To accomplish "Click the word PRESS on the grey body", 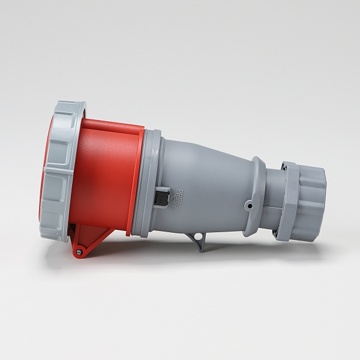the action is (178, 199).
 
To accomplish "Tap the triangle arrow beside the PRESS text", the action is (172, 197).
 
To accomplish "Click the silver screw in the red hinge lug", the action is (79, 251).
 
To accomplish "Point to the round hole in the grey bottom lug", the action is (196, 236).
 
